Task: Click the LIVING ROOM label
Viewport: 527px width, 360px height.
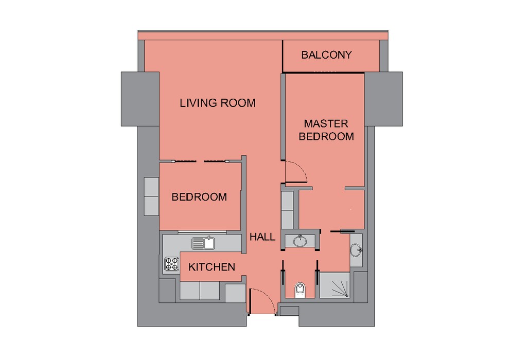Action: [218, 103]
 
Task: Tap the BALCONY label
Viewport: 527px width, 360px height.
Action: [326, 55]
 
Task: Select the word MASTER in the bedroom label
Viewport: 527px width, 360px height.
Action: [326, 123]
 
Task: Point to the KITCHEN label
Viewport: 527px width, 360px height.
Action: [212, 267]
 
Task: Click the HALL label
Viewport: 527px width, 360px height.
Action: [262, 237]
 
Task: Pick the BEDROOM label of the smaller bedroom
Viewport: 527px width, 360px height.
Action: [199, 197]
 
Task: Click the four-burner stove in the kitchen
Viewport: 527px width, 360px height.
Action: [172, 264]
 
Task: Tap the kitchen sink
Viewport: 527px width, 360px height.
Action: [203, 243]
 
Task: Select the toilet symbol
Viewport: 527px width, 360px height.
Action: [300, 290]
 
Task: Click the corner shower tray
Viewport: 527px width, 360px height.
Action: [335, 285]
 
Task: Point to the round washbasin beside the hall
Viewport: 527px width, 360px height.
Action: [300, 241]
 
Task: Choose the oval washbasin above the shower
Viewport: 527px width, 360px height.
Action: [356, 250]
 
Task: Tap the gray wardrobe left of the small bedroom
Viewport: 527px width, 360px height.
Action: [151, 196]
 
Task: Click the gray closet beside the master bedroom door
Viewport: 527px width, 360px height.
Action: [287, 210]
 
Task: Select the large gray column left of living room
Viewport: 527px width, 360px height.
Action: [140, 99]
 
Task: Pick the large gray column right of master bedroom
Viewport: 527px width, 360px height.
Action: [383, 99]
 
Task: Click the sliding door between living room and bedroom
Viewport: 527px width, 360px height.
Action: [200, 161]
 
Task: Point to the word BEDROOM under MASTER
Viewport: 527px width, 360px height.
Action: [326, 136]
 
